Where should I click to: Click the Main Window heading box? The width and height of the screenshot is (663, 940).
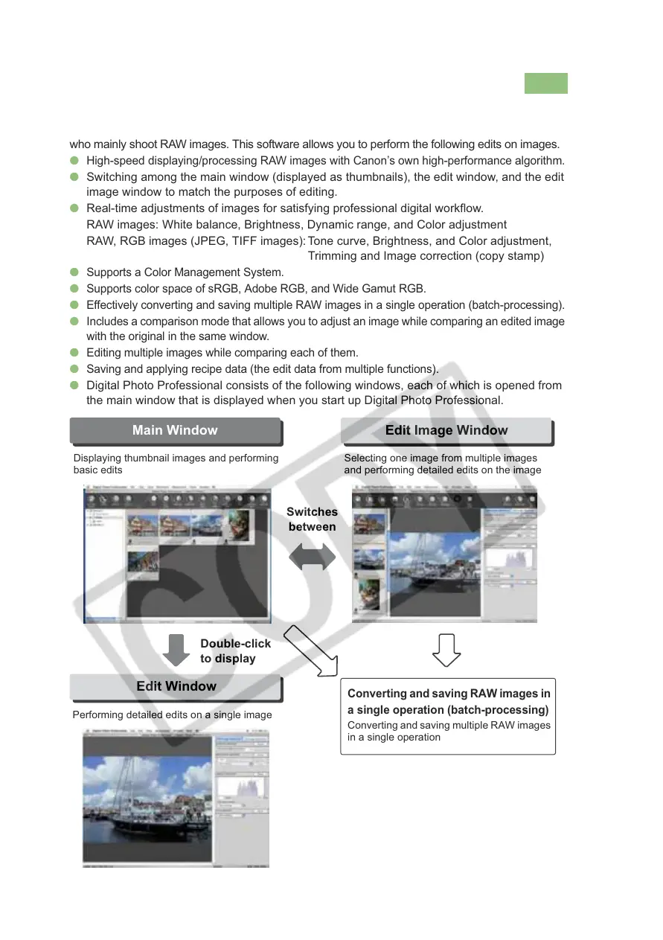pyautogui.click(x=175, y=430)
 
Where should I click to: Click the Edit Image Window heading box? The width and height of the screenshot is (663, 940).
pyautogui.click(x=446, y=430)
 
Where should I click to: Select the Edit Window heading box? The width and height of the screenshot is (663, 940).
pyautogui.click(x=176, y=686)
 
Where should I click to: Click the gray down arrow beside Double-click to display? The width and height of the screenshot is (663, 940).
pyautogui.click(x=176, y=649)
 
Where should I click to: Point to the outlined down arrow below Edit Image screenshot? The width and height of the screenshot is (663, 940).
pyautogui.click(x=446, y=650)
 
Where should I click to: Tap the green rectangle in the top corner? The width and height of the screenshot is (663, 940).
pyautogui.click(x=545, y=83)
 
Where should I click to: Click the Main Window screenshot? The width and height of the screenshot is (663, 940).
pyautogui.click(x=177, y=553)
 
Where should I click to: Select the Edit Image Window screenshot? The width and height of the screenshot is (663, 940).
pyautogui.click(x=445, y=553)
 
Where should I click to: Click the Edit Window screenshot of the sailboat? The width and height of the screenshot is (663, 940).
pyautogui.click(x=176, y=798)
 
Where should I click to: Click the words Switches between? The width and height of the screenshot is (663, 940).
pyautogui.click(x=312, y=519)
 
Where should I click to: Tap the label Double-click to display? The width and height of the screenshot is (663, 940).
pyautogui.click(x=235, y=650)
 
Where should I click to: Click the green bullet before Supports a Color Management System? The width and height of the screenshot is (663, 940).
pyautogui.click(x=74, y=273)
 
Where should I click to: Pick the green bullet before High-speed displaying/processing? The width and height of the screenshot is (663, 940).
pyautogui.click(x=74, y=161)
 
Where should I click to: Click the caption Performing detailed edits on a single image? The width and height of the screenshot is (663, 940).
pyautogui.click(x=172, y=714)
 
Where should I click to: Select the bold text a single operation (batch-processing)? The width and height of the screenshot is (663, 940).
pyautogui.click(x=448, y=709)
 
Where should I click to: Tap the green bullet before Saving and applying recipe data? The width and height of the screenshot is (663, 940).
pyautogui.click(x=74, y=368)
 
